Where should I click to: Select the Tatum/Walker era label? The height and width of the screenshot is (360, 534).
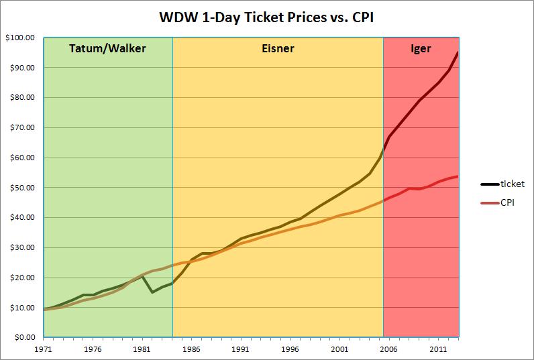tap(107, 48)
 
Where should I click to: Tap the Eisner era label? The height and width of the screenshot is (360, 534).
tap(278, 48)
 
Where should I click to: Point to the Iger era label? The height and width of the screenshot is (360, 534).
tap(421, 48)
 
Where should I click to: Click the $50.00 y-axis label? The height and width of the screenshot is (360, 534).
tap(21, 188)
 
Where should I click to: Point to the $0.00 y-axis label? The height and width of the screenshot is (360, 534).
tap(23, 338)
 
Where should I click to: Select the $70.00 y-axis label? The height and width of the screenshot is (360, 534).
tap(21, 127)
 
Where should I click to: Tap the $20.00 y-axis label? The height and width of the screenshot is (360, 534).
tap(21, 278)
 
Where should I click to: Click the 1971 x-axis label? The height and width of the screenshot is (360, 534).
tap(44, 349)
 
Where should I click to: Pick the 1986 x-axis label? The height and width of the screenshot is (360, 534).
tap(191, 349)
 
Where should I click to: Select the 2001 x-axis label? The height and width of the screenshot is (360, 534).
tap(339, 349)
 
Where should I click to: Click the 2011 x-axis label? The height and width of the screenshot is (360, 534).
tap(437, 349)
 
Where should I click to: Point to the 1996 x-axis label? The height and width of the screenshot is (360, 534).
tap(290, 349)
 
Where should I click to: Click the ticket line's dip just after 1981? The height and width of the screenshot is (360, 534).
tap(152, 292)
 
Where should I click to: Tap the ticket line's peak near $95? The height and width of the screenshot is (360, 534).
tap(458, 52)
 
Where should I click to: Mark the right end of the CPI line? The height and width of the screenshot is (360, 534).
tap(458, 176)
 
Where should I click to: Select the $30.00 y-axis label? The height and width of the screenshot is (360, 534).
tap(21, 247)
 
